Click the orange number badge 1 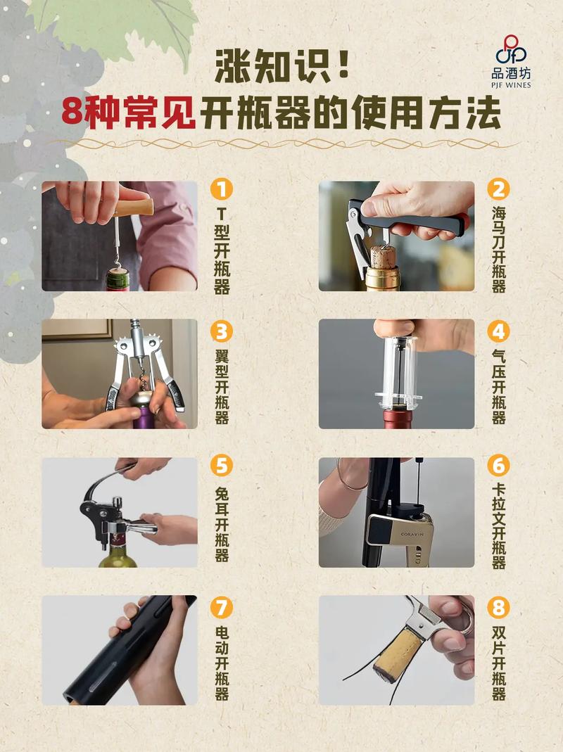pyautogui.click(x=222, y=189)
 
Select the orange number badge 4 pyautogui.click(x=498, y=330)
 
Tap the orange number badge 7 pyautogui.click(x=222, y=606)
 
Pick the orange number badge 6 pyautogui.click(x=498, y=466)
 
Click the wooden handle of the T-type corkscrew pyautogui.click(x=134, y=208)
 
